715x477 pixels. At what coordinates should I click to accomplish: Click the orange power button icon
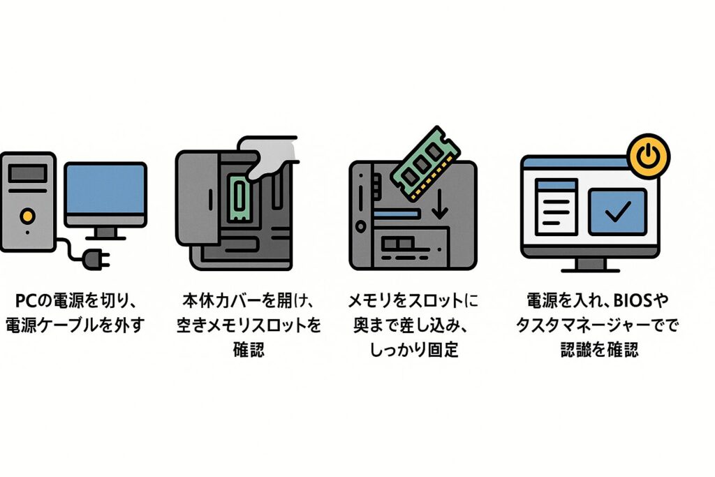649,156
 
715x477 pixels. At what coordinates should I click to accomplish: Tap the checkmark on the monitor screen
618,210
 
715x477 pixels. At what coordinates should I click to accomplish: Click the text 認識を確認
599,350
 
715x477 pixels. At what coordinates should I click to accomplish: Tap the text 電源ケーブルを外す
75,325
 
